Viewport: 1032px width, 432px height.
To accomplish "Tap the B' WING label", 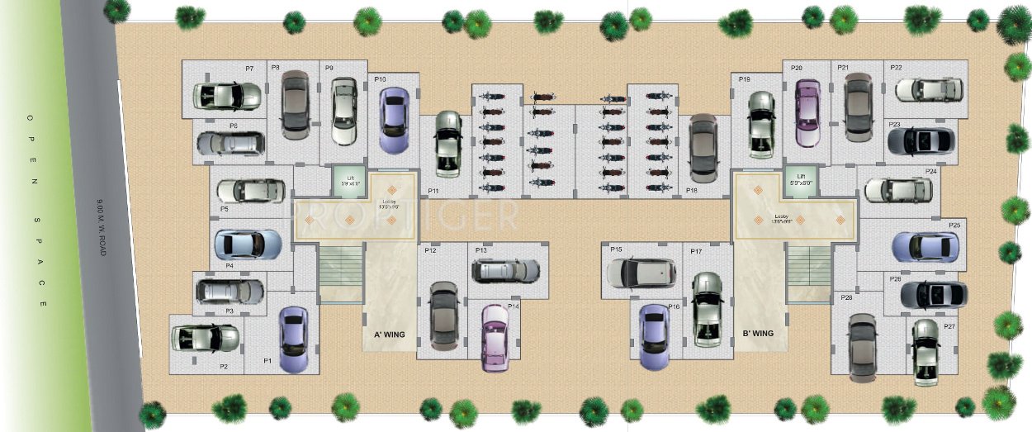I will (758, 334).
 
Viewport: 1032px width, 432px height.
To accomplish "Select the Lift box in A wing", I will (348, 182).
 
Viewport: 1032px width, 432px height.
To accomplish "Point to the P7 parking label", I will (249, 68).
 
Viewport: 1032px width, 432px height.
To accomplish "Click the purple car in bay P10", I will (394, 120).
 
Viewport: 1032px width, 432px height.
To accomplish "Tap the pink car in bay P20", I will (807, 113).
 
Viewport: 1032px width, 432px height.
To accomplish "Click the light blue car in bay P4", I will (248, 244).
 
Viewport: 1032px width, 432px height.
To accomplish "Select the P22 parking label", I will (896, 67).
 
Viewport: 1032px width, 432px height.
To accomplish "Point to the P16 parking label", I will (674, 306).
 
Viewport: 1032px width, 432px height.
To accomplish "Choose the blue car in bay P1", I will (293, 339).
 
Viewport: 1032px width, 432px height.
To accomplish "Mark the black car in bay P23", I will (921, 141).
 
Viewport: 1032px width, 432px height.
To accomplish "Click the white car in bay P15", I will (641, 273).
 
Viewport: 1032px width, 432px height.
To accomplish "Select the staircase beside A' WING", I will (339, 273).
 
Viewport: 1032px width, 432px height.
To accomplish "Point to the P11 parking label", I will (433, 191).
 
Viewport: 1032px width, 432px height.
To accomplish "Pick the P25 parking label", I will (954, 225).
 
